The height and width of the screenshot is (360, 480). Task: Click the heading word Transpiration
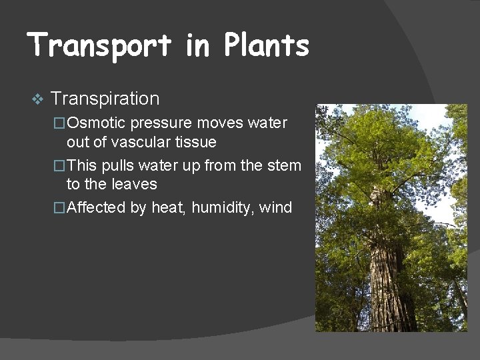pyautogui.click(x=105, y=99)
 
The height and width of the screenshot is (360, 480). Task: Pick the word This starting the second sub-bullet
pyautogui.click(x=82, y=165)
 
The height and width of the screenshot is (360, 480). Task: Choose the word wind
pyautogui.click(x=277, y=207)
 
